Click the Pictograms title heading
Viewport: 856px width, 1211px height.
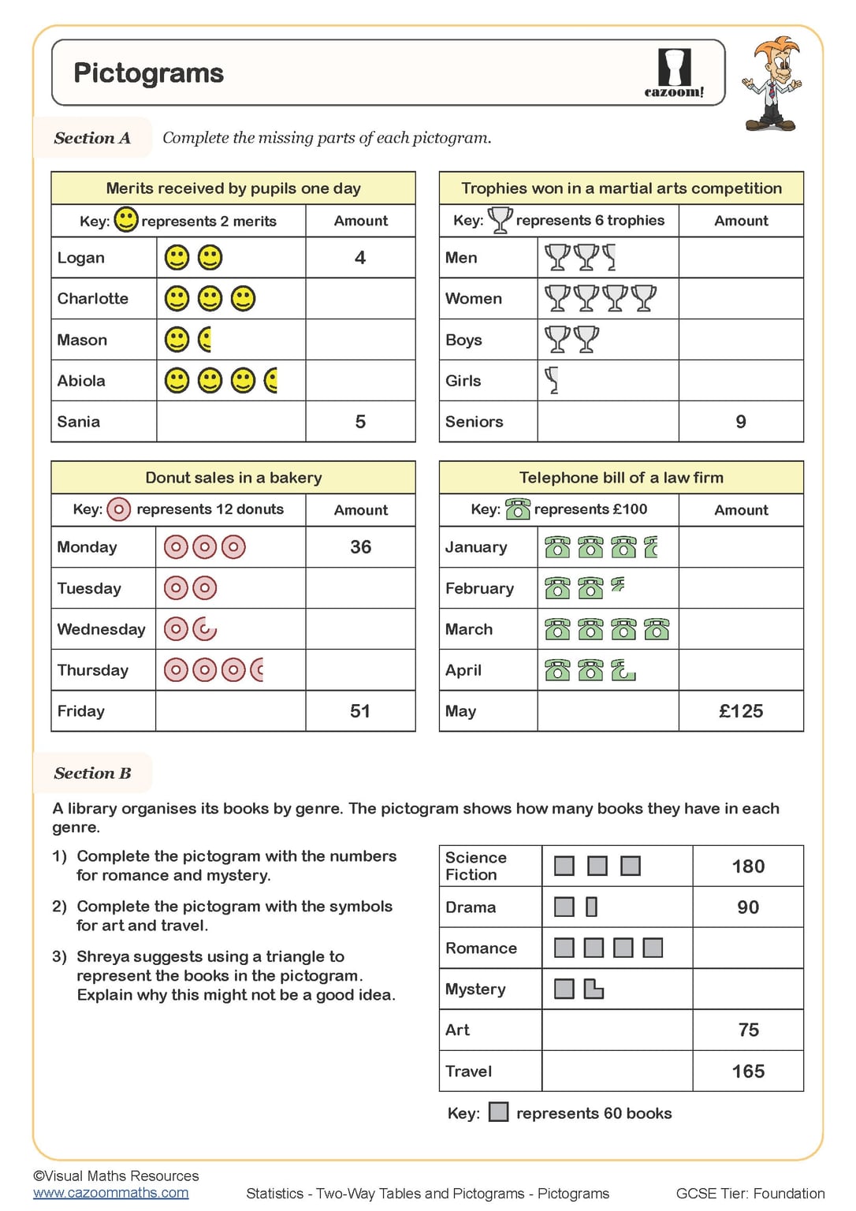coord(148,73)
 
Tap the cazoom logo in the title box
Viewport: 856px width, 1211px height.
coord(674,73)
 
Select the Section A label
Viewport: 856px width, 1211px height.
coord(92,138)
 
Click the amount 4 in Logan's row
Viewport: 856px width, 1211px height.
coord(360,258)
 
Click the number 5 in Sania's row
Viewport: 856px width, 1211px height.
coord(360,422)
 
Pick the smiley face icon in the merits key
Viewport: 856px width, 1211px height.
coord(126,219)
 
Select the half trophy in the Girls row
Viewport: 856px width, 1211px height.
coord(553,381)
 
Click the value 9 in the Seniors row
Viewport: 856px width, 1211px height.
coord(741,422)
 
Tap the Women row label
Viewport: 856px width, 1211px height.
coord(474,299)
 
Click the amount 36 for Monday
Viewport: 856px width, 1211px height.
coord(360,547)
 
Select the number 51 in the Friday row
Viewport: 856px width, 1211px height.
coord(360,711)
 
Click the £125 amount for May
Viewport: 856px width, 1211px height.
coord(741,711)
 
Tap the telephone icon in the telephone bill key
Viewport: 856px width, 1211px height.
coord(517,509)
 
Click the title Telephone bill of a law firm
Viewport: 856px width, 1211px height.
coord(621,478)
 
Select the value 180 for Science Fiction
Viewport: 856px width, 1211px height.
coord(748,866)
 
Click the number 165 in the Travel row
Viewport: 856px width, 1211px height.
coord(748,1071)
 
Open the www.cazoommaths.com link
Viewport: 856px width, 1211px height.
coord(111,1193)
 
